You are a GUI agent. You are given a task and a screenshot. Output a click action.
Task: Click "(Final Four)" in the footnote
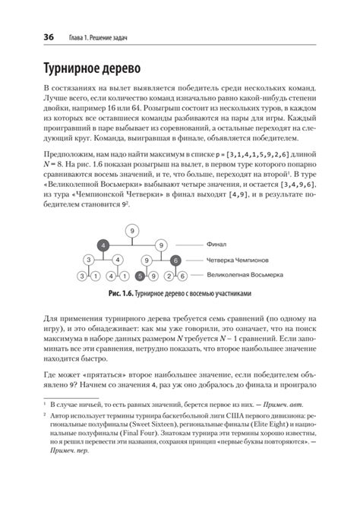coord(143,438)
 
